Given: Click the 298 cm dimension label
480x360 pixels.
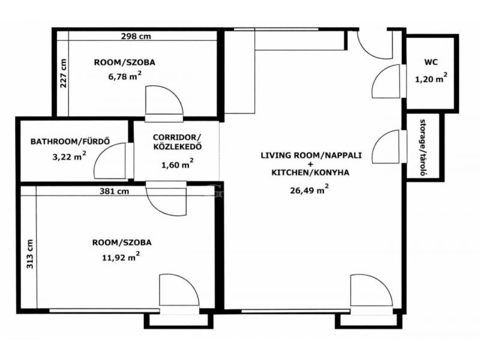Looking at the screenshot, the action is [x=136, y=36].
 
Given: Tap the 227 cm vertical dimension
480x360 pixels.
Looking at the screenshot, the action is [x=63, y=73].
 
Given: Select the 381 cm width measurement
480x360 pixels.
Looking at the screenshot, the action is [x=114, y=191].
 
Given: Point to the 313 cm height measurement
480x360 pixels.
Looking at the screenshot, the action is [x=29, y=254].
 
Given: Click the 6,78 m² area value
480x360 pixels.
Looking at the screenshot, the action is [x=125, y=76].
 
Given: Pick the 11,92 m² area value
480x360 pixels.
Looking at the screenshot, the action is [x=121, y=257].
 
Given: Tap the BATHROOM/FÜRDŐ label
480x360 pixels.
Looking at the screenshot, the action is [x=70, y=142].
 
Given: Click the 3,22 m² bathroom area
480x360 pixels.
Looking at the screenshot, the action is [x=69, y=157].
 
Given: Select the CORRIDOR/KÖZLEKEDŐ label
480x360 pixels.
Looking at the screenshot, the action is [x=177, y=142].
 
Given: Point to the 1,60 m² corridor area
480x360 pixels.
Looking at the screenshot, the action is [x=177, y=164].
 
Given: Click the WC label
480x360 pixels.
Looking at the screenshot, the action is [x=431, y=62].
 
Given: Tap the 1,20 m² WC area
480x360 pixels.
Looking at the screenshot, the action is [x=431, y=79].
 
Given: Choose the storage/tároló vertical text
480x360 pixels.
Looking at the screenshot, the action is [x=424, y=148].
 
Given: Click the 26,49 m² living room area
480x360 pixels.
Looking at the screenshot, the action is [x=310, y=190].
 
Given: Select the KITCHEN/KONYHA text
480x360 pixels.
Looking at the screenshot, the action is [x=310, y=173].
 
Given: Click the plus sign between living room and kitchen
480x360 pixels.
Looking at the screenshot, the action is [x=311, y=164].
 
